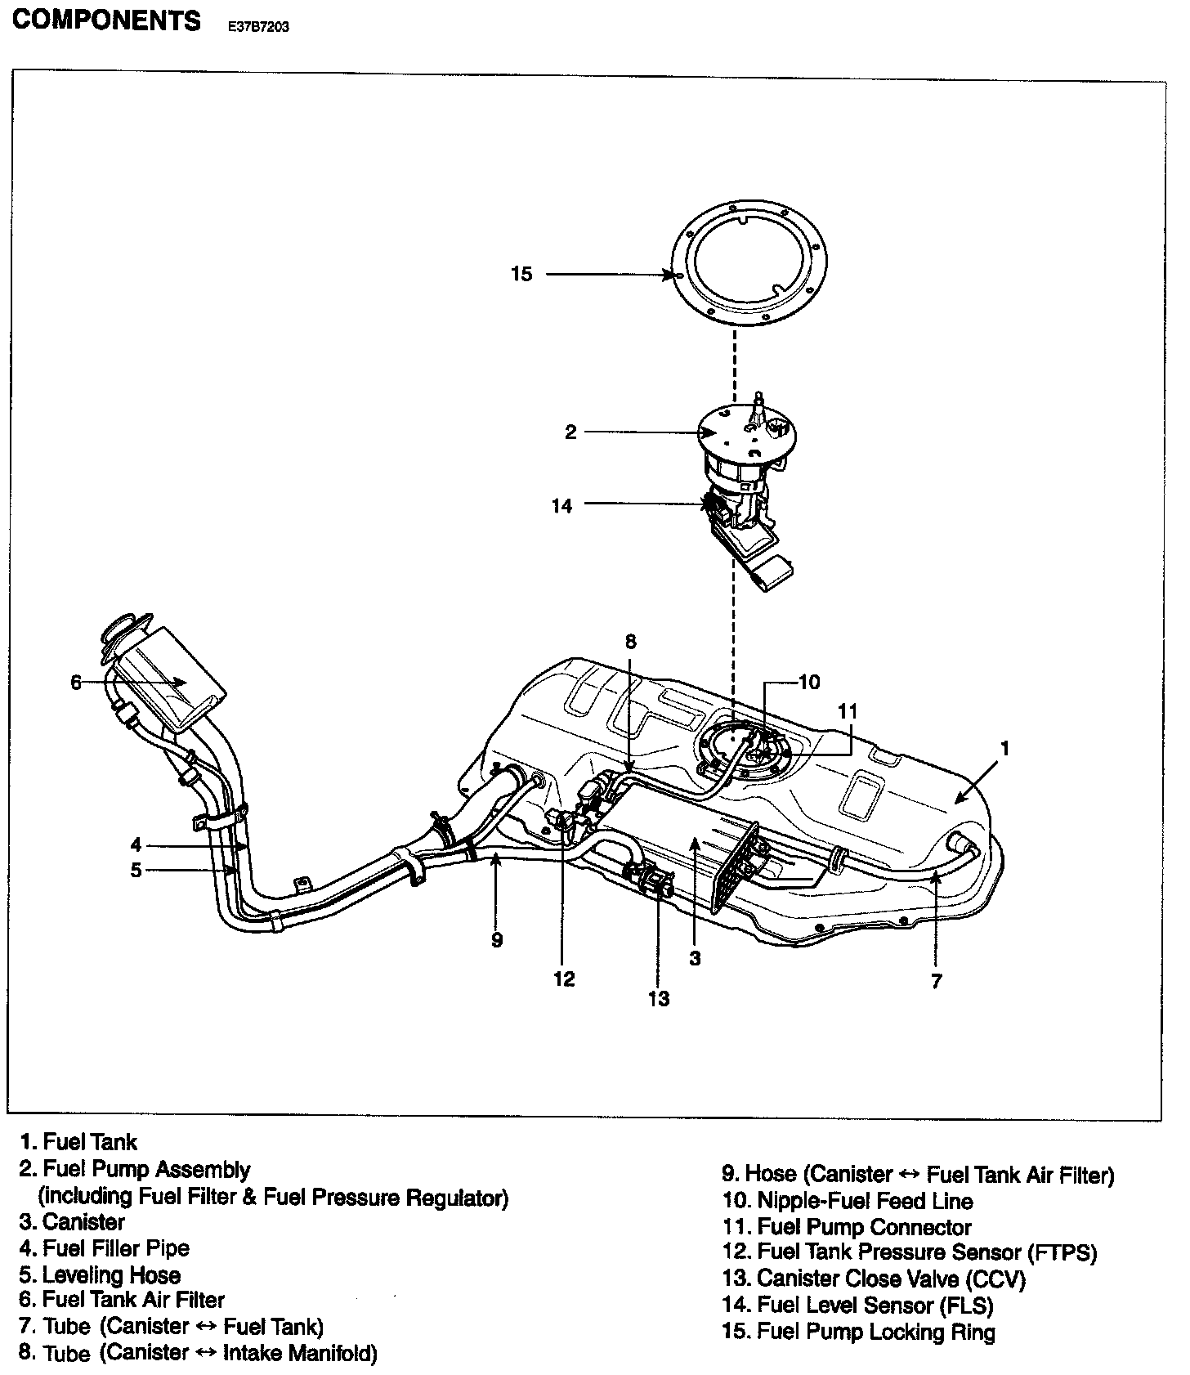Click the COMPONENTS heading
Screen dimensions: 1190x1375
pyautogui.click(x=105, y=20)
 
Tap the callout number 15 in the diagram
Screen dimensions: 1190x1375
pyautogui.click(x=521, y=275)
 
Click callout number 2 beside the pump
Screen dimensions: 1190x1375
pyautogui.click(x=570, y=432)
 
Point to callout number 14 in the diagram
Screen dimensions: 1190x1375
pyautogui.click(x=561, y=506)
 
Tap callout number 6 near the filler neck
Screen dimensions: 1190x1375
pyautogui.click(x=76, y=683)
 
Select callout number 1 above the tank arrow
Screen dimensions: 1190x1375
pyautogui.click(x=1005, y=748)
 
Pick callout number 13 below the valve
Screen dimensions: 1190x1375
pyautogui.click(x=659, y=998)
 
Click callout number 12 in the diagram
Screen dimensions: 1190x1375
pyautogui.click(x=564, y=979)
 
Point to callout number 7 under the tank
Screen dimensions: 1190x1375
pyautogui.click(x=937, y=981)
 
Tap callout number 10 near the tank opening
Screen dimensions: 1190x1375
pyautogui.click(x=808, y=682)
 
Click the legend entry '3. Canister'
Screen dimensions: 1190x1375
pyautogui.click(x=72, y=1222)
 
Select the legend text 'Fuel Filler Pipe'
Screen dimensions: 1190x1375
pyautogui.click(x=116, y=1248)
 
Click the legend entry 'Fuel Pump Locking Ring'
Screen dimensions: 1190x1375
pyautogui.click(x=876, y=1332)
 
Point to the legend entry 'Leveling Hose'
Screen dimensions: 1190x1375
pyautogui.click(x=112, y=1275)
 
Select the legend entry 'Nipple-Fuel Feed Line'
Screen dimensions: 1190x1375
pyautogui.click(x=866, y=1201)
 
